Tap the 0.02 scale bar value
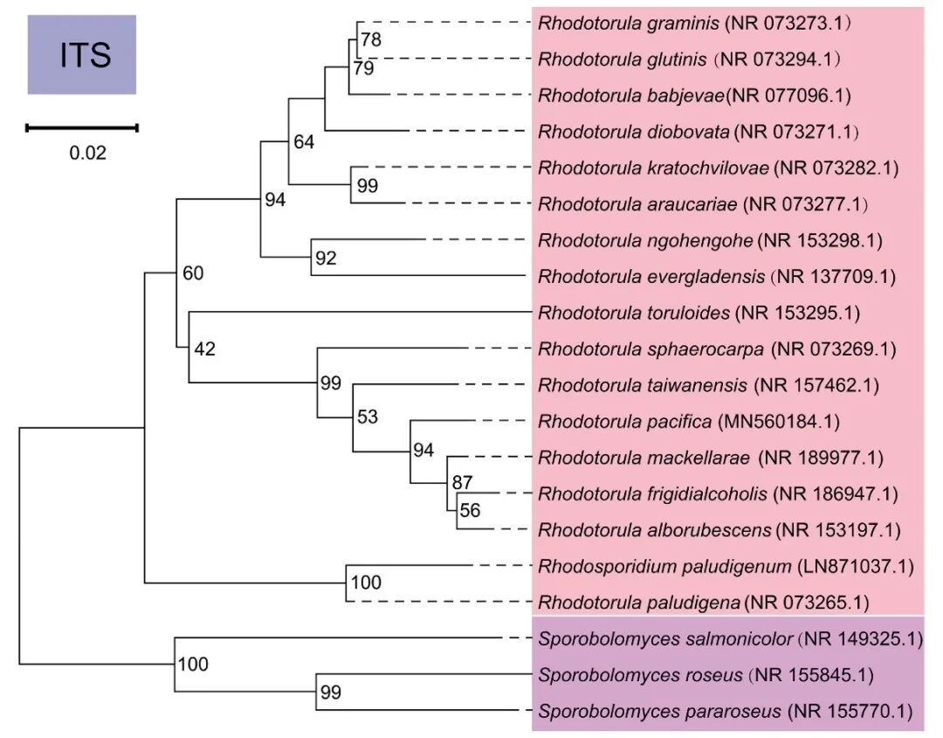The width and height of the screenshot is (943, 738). click(87, 154)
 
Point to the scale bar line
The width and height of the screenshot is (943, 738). click(82, 128)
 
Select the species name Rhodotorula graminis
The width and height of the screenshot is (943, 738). click(628, 22)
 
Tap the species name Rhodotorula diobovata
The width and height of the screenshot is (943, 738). click(634, 132)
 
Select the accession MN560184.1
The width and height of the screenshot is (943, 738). click(778, 422)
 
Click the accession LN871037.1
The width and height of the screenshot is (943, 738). click(857, 566)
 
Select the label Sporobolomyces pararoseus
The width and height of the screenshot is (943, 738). click(659, 711)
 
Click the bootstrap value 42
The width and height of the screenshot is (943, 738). click(204, 350)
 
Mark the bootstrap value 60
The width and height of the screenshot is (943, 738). click(192, 274)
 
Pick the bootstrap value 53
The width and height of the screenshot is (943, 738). click(367, 417)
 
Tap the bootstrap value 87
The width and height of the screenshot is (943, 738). click(461, 483)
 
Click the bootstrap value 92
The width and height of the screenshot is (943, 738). click(325, 259)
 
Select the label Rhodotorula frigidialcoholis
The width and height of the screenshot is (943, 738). click(653, 494)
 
